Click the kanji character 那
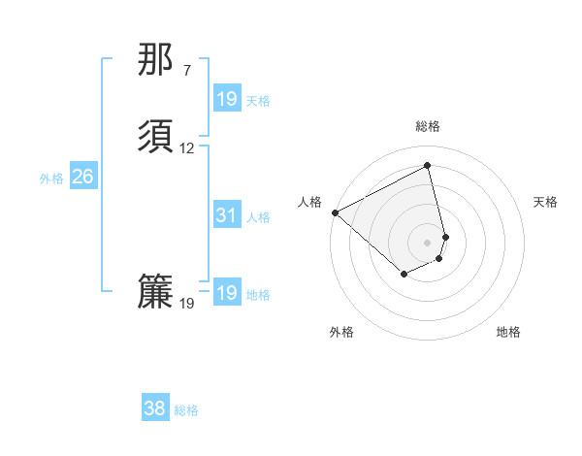(x=155, y=60)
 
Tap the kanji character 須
(x=155, y=136)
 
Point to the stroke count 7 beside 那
(x=186, y=71)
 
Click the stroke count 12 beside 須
(x=187, y=148)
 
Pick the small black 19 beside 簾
(x=187, y=304)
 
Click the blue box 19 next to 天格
(x=227, y=99)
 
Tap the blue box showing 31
(x=227, y=215)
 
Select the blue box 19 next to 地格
(x=227, y=293)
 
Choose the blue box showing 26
(x=83, y=177)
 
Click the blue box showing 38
(x=155, y=408)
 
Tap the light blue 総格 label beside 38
(x=186, y=410)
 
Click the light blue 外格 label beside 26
(x=51, y=179)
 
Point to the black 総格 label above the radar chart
(x=428, y=126)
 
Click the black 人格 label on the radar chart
(x=310, y=202)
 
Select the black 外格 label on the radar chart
(x=341, y=333)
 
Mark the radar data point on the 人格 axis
(x=335, y=212)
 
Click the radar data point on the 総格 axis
(x=428, y=166)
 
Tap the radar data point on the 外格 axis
(x=404, y=276)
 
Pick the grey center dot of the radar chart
(x=428, y=241)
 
